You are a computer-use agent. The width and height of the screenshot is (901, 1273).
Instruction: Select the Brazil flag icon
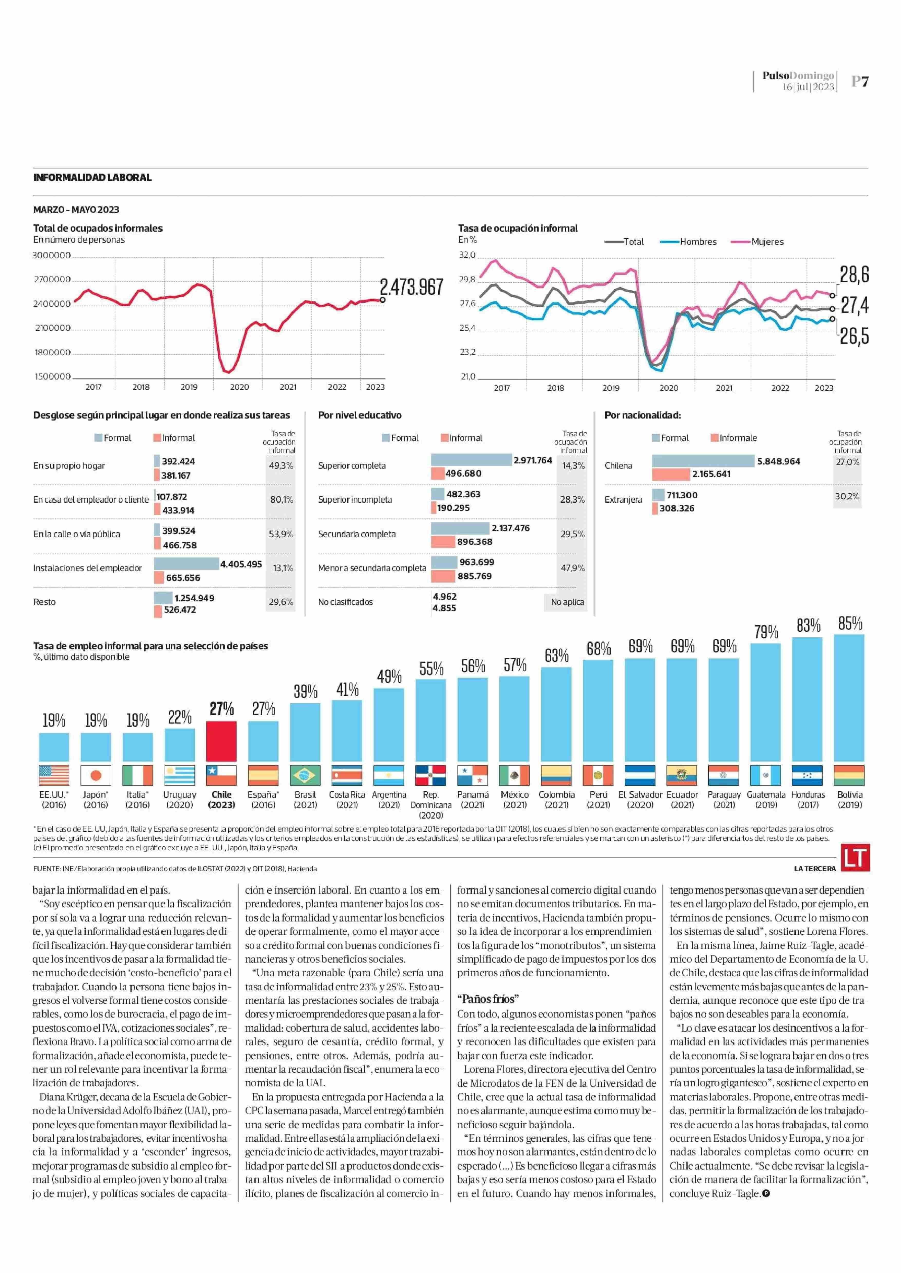click(305, 775)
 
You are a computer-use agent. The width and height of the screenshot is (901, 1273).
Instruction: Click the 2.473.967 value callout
click(411, 287)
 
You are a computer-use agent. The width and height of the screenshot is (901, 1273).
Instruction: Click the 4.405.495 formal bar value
click(241, 564)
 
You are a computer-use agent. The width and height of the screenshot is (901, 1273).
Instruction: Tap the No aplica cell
click(567, 602)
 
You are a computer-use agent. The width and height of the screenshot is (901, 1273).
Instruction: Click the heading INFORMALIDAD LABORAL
click(92, 177)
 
